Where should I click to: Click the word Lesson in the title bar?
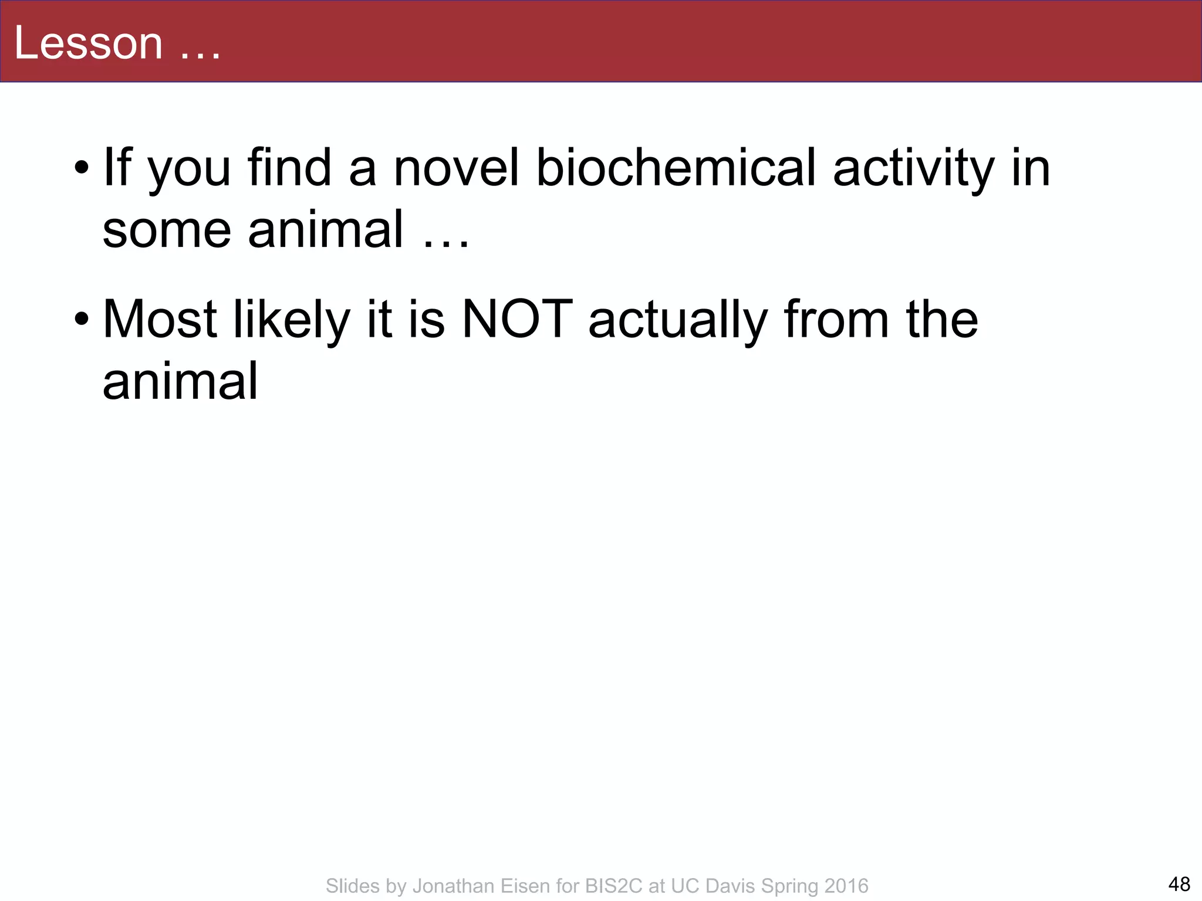pos(88,43)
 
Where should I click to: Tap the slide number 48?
pos(1179,883)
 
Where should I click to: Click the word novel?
pos(456,168)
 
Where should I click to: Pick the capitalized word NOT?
pos(517,320)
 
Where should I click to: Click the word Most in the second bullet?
pos(160,320)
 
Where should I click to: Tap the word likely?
pos(292,320)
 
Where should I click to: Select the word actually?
pos(678,320)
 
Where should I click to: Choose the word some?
pos(167,229)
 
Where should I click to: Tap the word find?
pos(289,168)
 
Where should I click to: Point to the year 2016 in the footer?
pos(845,886)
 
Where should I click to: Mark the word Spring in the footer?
pos(787,886)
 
